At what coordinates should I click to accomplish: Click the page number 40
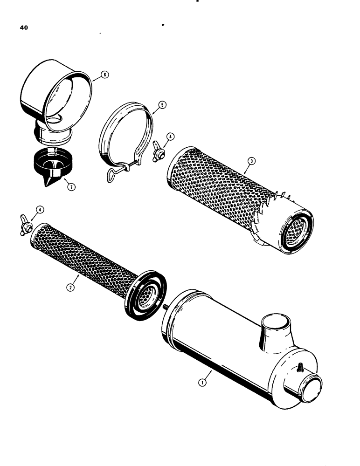click(x=24, y=28)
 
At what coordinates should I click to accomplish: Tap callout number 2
click(x=69, y=288)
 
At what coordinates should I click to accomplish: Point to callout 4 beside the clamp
click(x=171, y=137)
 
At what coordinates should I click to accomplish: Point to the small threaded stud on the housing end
click(x=299, y=368)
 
